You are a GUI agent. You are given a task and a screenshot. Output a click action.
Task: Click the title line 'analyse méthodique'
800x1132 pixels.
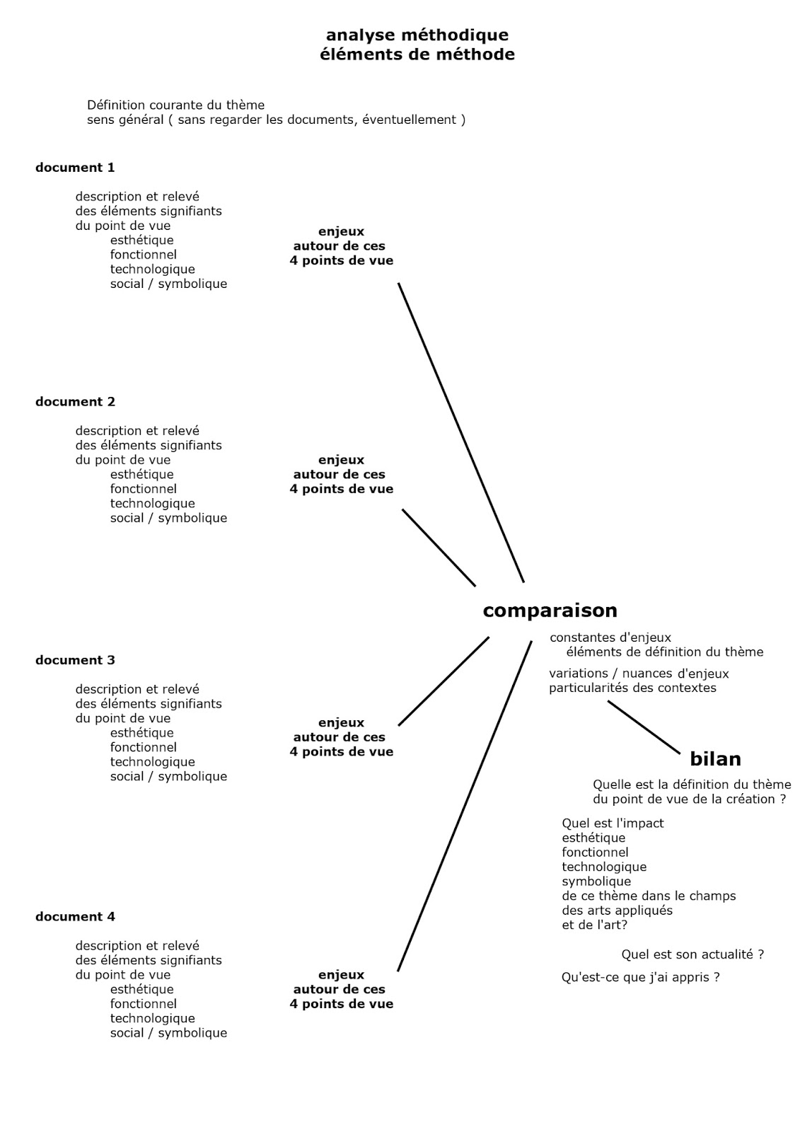[417, 35]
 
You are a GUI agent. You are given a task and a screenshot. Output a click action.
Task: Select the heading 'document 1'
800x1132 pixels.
[75, 168]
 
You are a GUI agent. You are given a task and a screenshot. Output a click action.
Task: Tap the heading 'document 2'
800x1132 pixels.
[75, 402]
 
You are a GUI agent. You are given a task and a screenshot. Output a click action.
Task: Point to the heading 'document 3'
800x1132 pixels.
[75, 660]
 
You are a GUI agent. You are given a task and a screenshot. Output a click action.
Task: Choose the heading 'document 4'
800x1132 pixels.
[75, 917]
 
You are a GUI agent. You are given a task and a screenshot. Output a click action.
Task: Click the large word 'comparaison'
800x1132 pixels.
[550, 611]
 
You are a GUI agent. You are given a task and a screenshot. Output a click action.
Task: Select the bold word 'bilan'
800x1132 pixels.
[715, 759]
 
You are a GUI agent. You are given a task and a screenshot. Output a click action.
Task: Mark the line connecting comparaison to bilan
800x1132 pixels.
[644, 727]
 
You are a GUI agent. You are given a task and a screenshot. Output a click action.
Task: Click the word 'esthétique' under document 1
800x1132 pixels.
[141, 241]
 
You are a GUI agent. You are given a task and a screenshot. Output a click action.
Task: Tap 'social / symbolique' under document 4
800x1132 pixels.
[168, 1033]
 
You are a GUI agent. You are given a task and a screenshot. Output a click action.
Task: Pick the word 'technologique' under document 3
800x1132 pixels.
[152, 762]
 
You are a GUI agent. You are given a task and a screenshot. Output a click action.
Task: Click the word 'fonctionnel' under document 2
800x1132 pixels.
[143, 489]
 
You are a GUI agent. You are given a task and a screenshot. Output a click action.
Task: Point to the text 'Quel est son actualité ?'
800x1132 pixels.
[692, 954]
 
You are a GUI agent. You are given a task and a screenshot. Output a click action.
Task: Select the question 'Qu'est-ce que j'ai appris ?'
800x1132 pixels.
[640, 978]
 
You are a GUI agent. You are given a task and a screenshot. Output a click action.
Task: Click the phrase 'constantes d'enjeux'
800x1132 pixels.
[610, 637]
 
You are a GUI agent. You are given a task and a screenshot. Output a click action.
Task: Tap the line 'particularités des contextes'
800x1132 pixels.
[632, 688]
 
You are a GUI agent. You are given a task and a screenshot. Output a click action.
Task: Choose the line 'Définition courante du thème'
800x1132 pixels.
[175, 105]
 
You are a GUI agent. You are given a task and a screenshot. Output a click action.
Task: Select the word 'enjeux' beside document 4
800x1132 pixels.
[341, 975]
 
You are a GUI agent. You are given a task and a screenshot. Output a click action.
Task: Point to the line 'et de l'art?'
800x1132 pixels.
[594, 925]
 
